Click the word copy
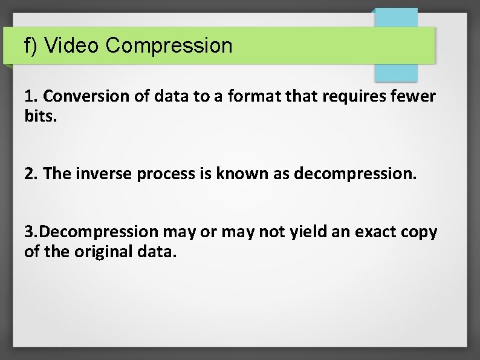pos(420,232)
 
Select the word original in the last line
pos(100,250)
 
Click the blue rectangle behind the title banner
pos(396,72)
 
